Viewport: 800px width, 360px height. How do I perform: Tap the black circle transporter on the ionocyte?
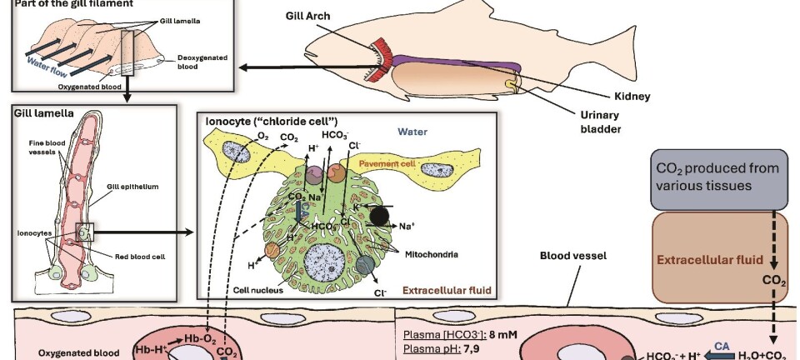click(x=380, y=215)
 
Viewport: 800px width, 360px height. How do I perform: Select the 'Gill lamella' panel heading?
click(x=42, y=111)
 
